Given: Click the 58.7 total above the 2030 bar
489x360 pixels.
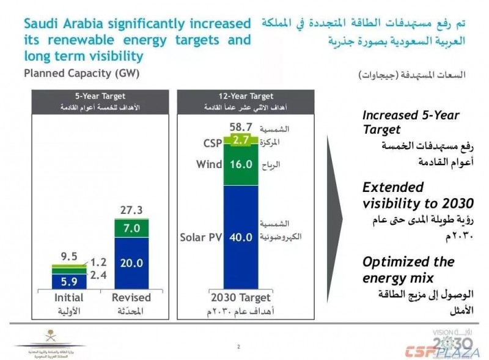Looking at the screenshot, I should [240, 127].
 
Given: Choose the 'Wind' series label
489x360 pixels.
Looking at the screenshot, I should [209, 164].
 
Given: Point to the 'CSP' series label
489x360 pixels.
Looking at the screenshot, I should [213, 143].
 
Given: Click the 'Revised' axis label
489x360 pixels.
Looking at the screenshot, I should [131, 298].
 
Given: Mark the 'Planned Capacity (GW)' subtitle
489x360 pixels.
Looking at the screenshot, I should [81, 74].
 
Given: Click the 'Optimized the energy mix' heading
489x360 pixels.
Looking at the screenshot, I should [408, 270].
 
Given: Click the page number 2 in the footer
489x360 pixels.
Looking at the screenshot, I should [238, 347].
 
